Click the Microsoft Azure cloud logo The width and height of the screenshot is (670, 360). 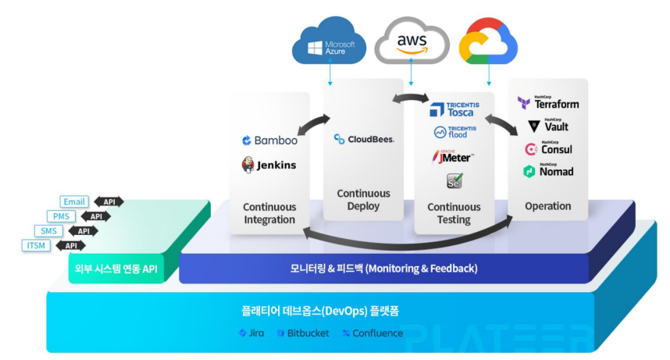329,44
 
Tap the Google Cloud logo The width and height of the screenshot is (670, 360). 488,43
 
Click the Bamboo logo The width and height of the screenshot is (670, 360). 269,141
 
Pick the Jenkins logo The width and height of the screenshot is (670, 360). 269,165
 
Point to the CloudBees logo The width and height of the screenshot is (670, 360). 363,139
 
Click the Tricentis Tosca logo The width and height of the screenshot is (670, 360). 454,109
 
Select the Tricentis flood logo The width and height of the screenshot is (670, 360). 454,133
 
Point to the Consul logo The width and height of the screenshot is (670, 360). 548,148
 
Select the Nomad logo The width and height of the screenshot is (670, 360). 548,171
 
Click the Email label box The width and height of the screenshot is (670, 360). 75,201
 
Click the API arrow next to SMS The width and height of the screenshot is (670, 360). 83,231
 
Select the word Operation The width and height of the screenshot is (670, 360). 547,207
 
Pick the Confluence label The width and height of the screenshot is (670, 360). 372,333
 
